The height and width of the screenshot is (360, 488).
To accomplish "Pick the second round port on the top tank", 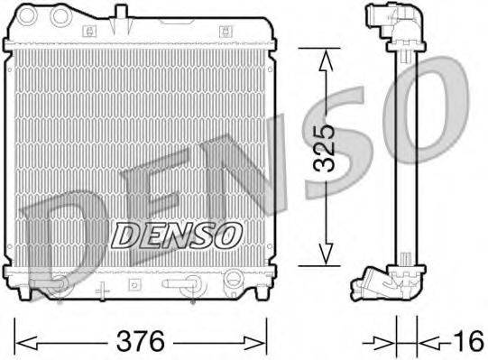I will [62, 15].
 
